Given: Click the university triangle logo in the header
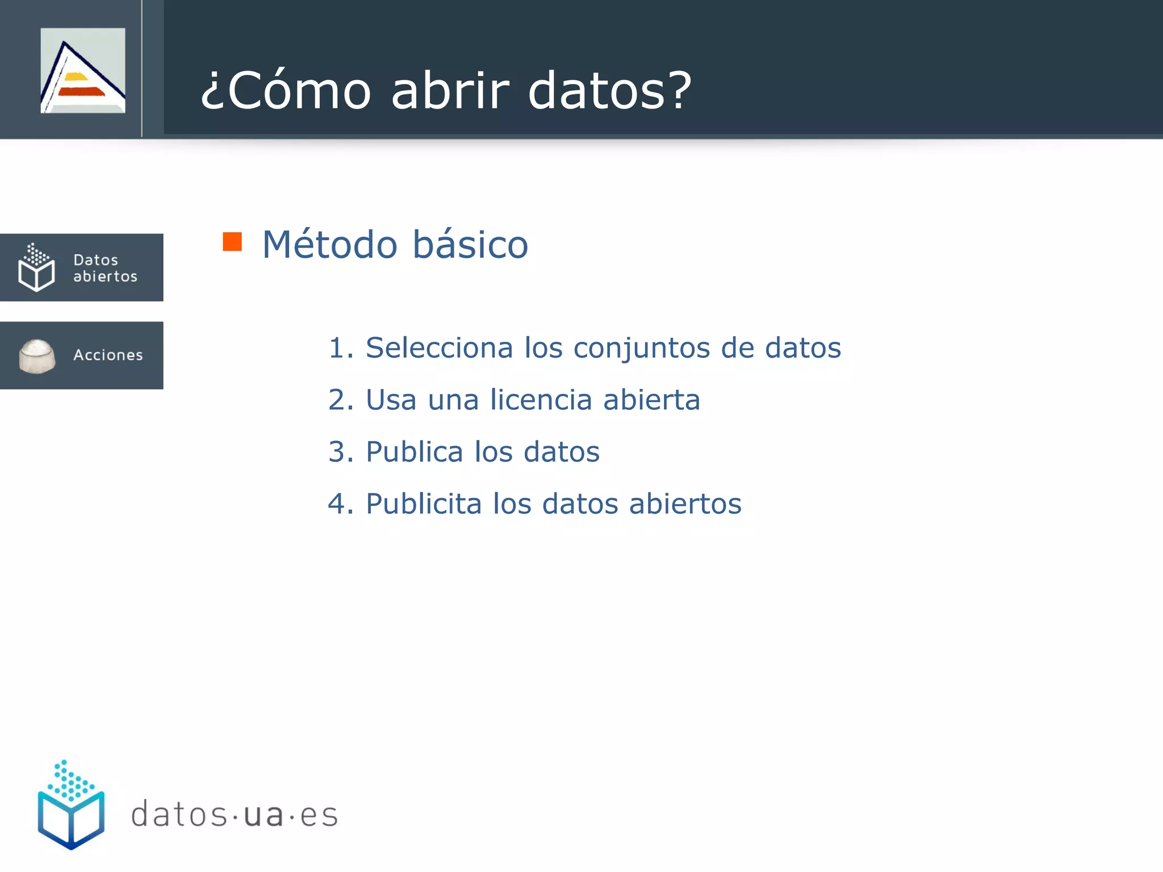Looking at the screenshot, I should coord(83,70).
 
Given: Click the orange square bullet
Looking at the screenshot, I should coord(232,242).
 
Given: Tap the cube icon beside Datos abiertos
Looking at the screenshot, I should coord(36,267).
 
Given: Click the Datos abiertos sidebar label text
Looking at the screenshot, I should coord(105,268).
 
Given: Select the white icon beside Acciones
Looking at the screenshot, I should coord(37,356).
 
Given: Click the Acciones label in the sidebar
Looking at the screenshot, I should coord(108,355).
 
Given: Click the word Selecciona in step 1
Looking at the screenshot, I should coord(439,347).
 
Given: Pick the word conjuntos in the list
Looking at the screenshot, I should coord(641,349).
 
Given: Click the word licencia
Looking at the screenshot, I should coord(541,400).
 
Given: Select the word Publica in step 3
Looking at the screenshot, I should coord(414,452).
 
